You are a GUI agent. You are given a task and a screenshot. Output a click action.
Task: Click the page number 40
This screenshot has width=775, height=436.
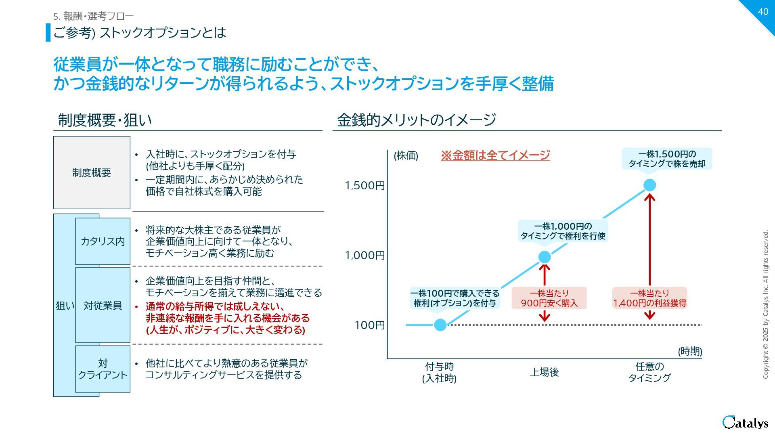762,12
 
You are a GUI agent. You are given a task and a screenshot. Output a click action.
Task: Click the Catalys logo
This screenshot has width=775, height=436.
745,422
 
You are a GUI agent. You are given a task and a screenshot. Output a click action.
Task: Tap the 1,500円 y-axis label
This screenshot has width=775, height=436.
365,186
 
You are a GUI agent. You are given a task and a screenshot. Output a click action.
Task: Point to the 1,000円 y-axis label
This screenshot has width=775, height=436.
365,256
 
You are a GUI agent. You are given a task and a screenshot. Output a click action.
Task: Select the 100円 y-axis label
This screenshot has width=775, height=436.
369,325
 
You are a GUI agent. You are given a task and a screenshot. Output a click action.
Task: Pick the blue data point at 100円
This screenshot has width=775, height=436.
440,325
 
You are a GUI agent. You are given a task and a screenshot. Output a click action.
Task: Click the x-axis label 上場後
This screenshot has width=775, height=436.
544,372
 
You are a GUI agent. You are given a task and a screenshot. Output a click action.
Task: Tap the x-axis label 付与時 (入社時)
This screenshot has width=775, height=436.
440,372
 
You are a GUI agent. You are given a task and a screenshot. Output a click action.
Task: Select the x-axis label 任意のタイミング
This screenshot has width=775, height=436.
649,372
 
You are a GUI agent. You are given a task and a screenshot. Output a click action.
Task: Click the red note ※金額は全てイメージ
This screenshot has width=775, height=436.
495,155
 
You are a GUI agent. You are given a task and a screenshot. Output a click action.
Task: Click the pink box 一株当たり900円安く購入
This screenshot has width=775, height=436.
549,298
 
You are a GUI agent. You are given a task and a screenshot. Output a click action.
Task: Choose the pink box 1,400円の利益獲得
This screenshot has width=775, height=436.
649,298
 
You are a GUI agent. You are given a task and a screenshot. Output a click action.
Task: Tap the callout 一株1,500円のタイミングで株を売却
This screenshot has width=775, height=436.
667,159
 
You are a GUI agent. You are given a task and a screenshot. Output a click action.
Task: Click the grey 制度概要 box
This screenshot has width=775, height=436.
92,173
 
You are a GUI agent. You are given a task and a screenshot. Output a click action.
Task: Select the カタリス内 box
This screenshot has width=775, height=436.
103,241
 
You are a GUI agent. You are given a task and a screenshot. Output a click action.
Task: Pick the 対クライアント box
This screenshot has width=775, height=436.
103,369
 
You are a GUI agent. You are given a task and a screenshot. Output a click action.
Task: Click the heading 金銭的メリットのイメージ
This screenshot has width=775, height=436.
417,120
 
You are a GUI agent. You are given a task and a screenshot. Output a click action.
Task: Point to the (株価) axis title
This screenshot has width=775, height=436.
406,156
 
